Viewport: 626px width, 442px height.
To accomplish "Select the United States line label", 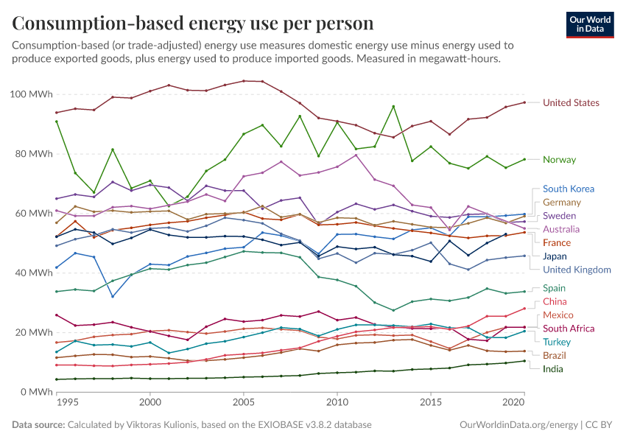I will (571, 103).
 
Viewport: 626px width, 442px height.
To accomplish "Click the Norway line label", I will (559, 160).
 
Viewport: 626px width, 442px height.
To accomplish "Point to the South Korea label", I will (568, 189).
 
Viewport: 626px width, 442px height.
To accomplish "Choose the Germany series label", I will (562, 203).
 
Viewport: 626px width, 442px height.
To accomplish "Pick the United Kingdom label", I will (577, 270).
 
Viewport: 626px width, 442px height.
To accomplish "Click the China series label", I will (555, 301).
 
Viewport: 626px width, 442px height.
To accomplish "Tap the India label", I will (554, 368).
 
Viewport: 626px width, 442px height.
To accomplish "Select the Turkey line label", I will (557, 342).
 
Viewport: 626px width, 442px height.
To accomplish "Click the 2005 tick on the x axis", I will (243, 404).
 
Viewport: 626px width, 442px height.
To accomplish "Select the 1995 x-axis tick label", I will (67, 404).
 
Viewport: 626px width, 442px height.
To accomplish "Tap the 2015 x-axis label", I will (430, 404).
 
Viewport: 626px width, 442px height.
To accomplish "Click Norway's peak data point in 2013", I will (393, 106).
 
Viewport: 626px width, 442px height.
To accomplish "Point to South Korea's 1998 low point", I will (113, 297).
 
